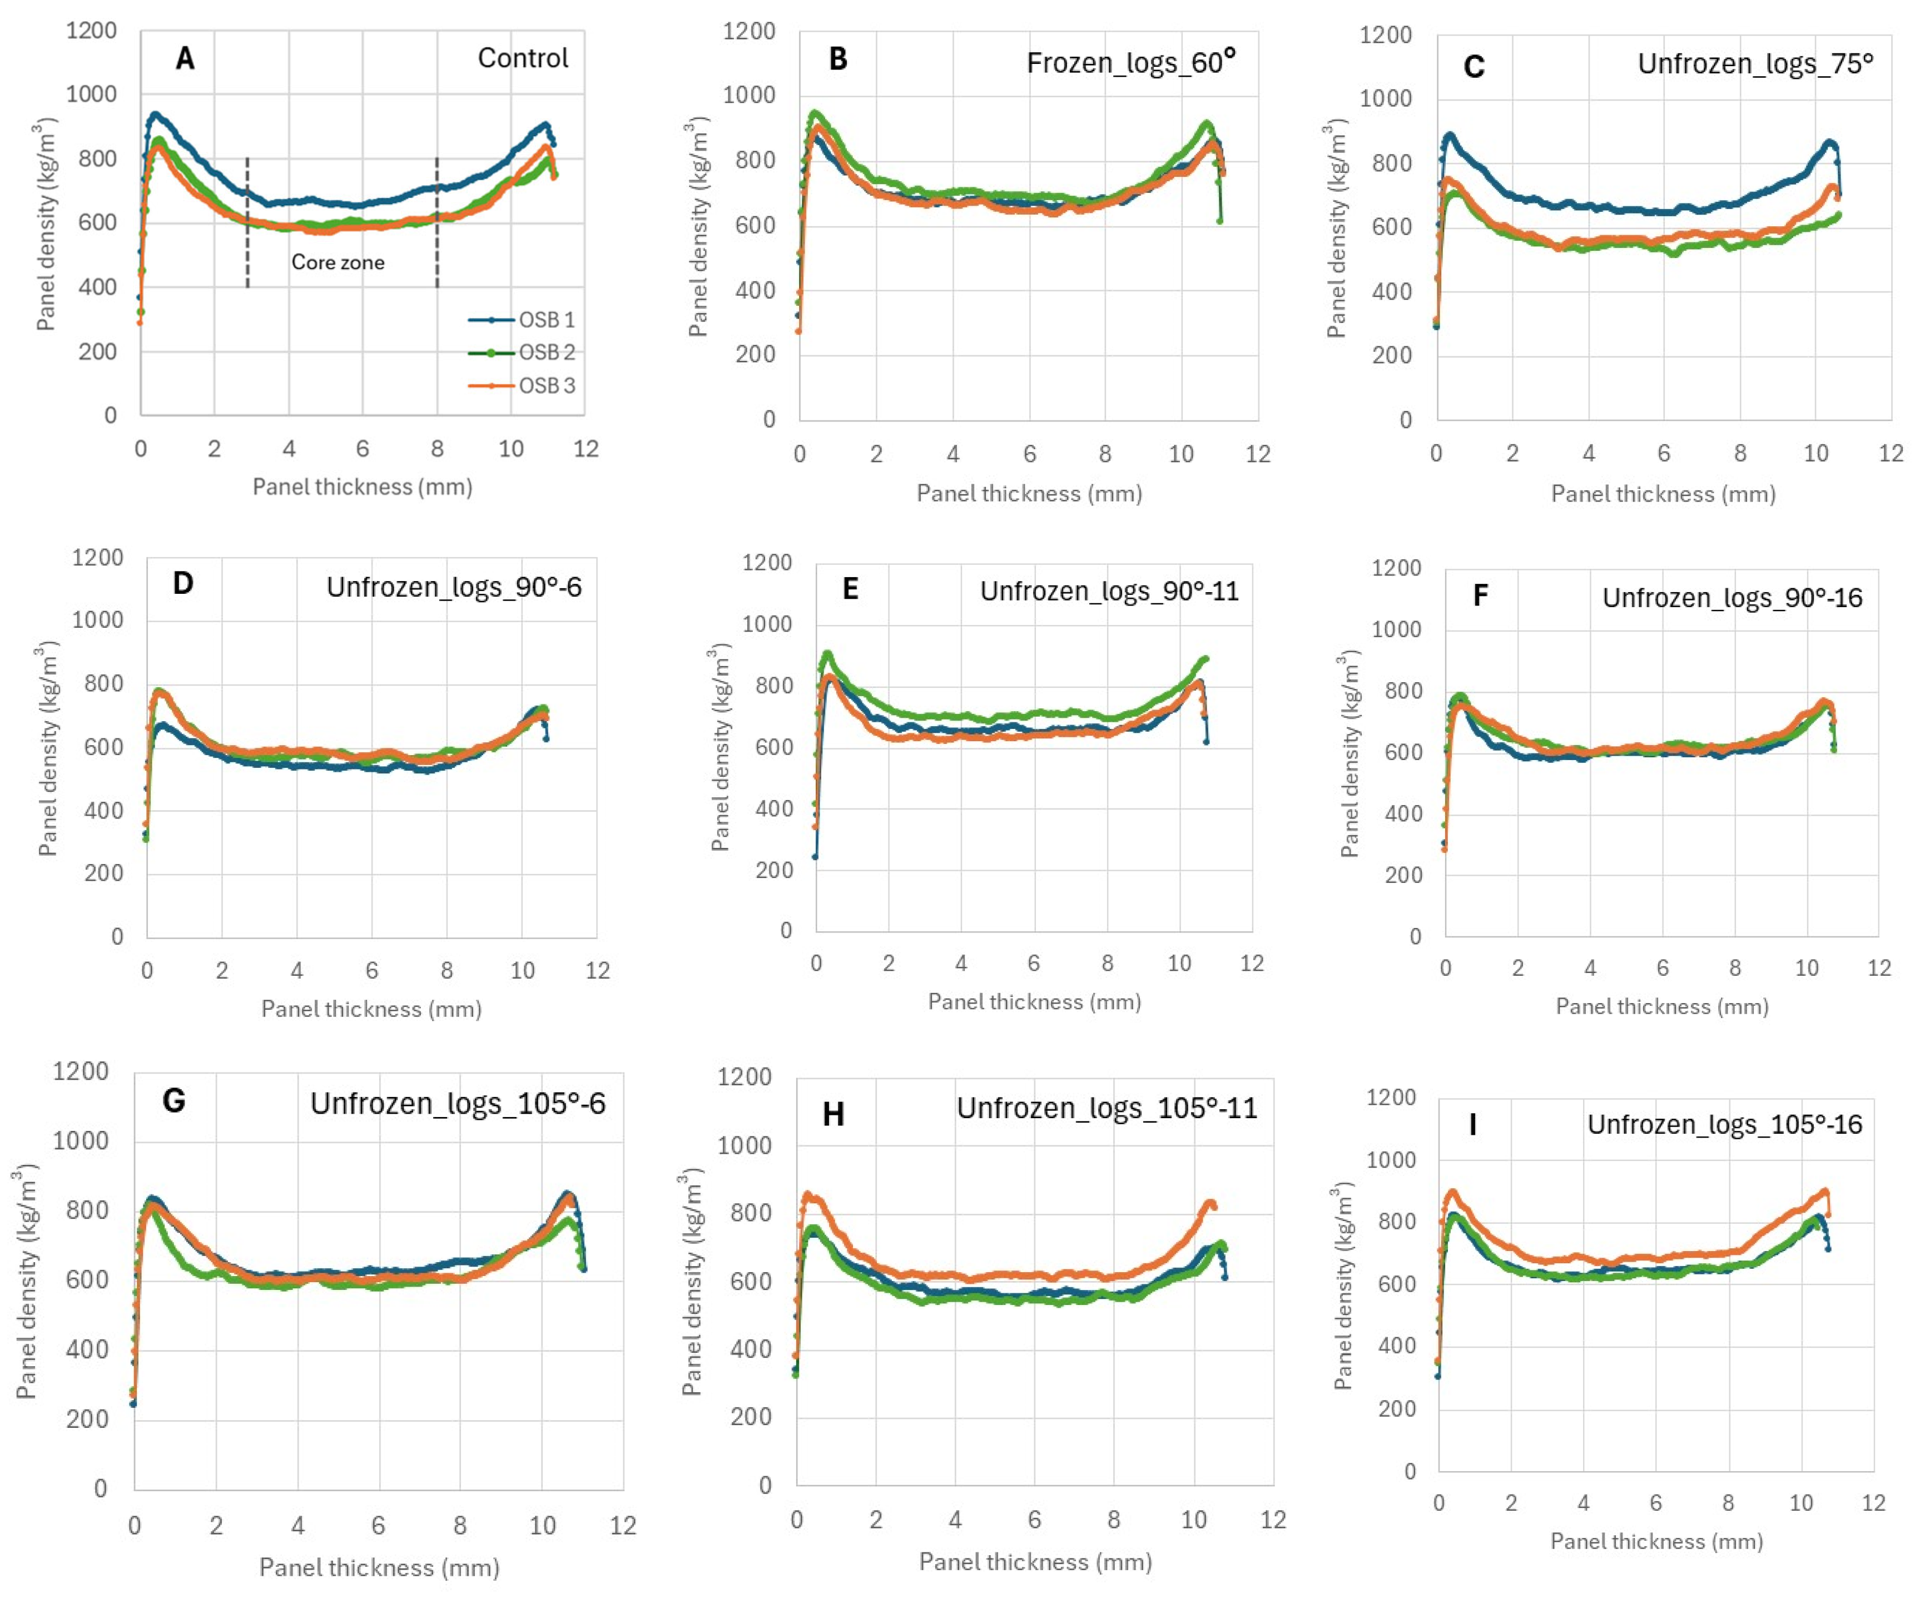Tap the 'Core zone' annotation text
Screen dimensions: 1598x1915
pos(338,262)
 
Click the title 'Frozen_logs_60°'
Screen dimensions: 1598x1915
pos(1131,62)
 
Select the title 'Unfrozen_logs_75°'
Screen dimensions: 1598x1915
pos(1755,64)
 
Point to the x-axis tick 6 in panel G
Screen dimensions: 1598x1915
pos(379,1526)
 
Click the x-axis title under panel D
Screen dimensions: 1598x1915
pos(371,1009)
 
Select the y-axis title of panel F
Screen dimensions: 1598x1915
pos(1350,753)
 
